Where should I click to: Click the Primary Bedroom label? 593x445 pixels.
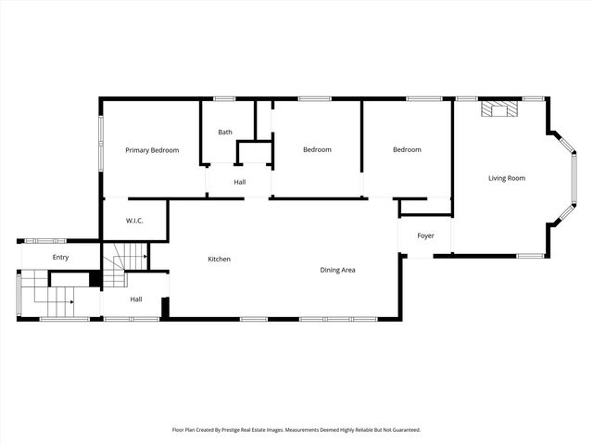pyautogui.click(x=152, y=150)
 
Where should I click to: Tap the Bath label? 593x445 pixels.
pyautogui.click(x=225, y=132)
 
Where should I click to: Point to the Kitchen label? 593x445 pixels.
pyautogui.click(x=219, y=259)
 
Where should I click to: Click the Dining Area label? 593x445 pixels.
pyautogui.click(x=338, y=270)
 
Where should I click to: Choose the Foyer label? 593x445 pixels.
pyautogui.click(x=425, y=235)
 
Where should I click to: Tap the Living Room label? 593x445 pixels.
pyautogui.click(x=507, y=178)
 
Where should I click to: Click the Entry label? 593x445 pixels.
pyautogui.click(x=60, y=257)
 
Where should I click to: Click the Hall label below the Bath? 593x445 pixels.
pyautogui.click(x=239, y=182)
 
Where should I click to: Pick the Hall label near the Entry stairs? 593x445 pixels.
pyautogui.click(x=135, y=299)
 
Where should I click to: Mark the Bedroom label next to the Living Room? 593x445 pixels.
pyautogui.click(x=407, y=149)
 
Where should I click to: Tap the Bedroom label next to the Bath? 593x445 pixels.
pyautogui.click(x=317, y=149)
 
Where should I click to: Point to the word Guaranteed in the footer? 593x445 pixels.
pyautogui.click(x=403, y=430)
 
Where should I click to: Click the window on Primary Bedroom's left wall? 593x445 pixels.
pyautogui.click(x=102, y=141)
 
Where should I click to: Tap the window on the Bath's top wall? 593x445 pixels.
pyautogui.click(x=224, y=99)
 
